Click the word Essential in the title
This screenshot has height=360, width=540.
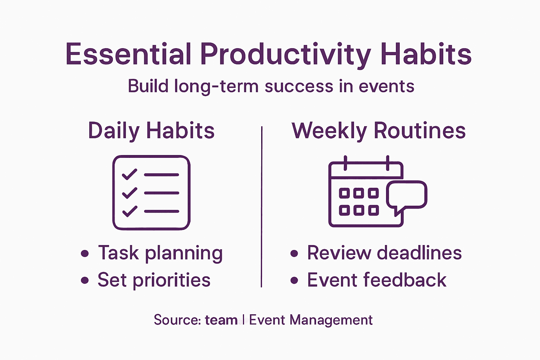tap(128, 54)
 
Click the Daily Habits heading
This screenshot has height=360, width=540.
tap(151, 131)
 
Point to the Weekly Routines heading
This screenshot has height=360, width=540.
tap(379, 131)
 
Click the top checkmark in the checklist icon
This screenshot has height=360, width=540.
tap(129, 174)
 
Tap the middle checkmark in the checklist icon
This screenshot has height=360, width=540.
tap(129, 193)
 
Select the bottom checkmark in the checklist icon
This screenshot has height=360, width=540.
tap(129, 211)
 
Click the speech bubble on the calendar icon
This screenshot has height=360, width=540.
tap(407, 195)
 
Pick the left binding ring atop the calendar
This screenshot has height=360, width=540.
tap(346, 163)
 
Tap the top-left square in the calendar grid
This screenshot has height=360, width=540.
tap(344, 193)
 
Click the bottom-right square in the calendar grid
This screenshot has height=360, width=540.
tap(373, 210)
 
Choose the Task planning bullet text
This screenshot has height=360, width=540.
tap(160, 253)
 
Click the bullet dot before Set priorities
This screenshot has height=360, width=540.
tap(85, 280)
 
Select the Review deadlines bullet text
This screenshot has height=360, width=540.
tap(384, 253)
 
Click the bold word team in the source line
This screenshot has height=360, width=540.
tap(221, 320)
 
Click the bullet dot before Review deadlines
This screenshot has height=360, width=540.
tap(294, 253)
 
